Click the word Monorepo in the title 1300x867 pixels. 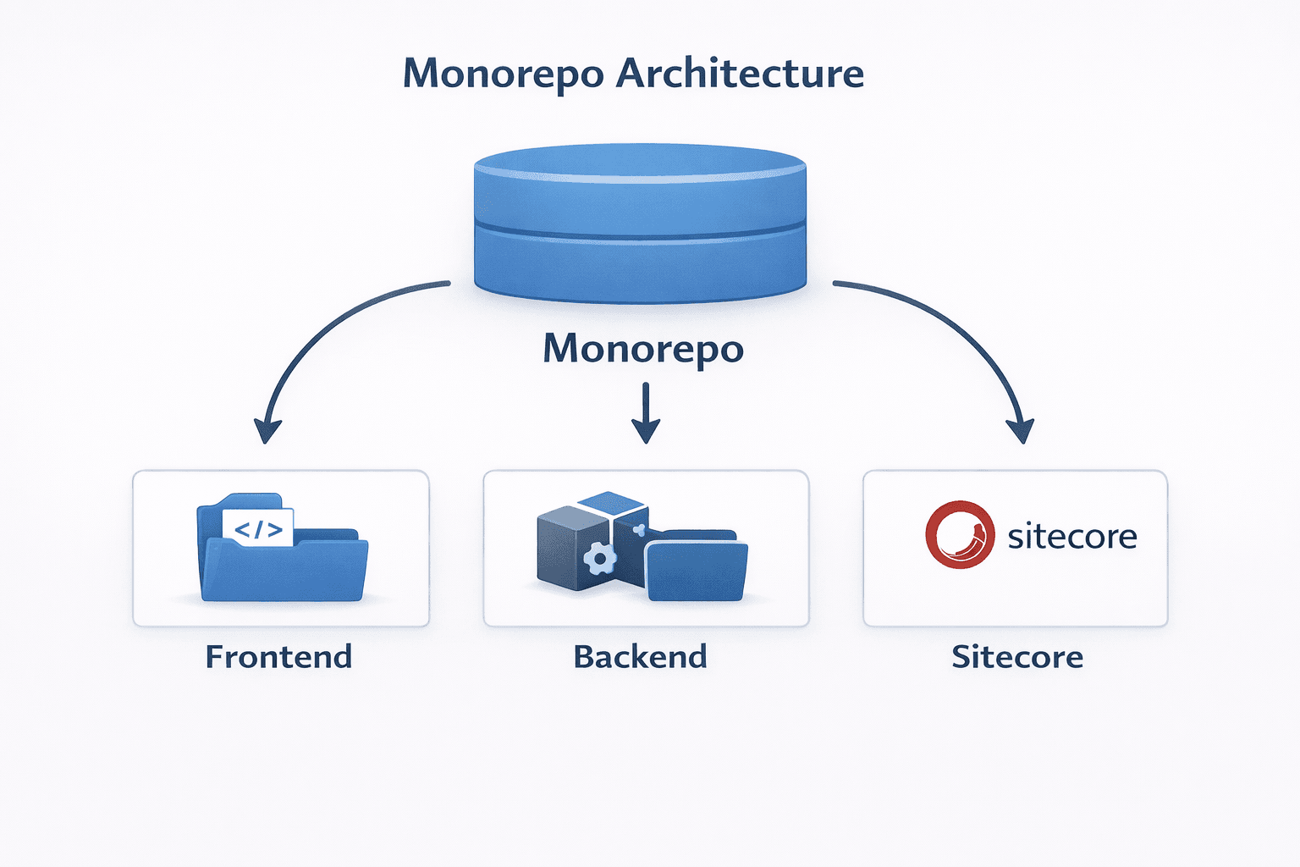[x=503, y=75]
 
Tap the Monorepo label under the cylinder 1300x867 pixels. [x=643, y=349]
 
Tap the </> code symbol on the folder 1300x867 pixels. [x=258, y=530]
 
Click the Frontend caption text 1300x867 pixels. [x=278, y=657]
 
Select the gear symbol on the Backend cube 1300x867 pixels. [x=600, y=558]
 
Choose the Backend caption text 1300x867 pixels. [x=640, y=657]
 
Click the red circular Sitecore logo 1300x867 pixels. [x=960, y=534]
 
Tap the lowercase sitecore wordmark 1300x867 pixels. [x=1071, y=537]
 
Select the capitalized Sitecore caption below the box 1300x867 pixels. [x=1017, y=657]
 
